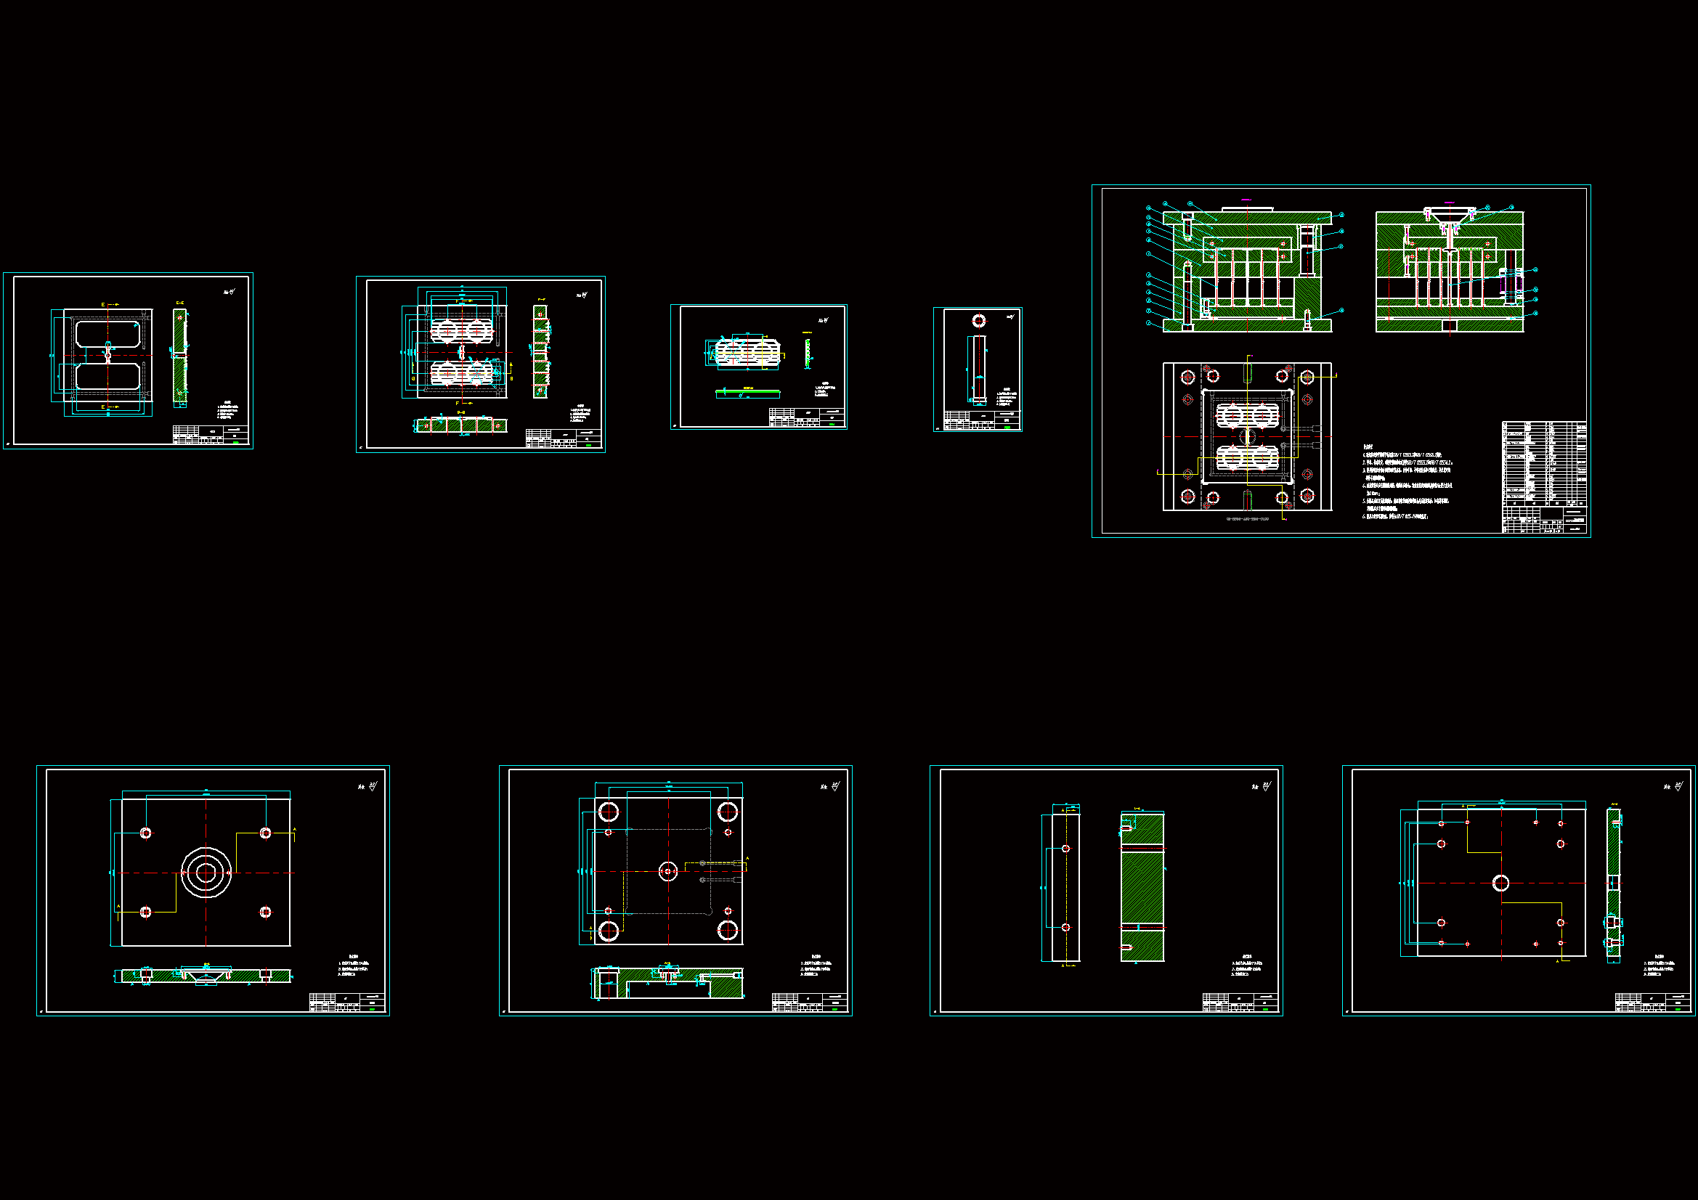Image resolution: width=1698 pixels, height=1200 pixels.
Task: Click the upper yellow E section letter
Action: [103, 305]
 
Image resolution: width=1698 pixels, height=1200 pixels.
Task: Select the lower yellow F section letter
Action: [457, 404]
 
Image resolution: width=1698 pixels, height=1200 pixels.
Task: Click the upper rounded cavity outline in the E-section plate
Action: [108, 333]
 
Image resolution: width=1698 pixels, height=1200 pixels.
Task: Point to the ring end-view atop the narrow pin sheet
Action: [978, 321]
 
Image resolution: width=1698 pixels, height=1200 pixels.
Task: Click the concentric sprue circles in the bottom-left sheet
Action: [206, 873]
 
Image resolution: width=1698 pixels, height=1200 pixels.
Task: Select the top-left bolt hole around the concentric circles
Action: [146, 833]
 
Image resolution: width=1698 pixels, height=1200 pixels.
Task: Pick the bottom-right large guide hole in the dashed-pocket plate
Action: [728, 930]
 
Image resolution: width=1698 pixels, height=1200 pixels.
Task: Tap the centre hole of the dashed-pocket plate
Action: [668, 872]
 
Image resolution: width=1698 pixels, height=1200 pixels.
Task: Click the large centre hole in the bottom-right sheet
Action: [1500, 883]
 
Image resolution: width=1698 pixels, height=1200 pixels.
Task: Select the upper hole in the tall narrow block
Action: [1065, 849]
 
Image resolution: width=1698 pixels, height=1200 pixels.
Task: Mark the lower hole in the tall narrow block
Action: [1065, 927]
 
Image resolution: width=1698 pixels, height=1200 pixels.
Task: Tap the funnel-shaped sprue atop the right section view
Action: [1449, 216]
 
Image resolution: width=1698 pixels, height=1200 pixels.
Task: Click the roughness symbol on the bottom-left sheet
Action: [372, 787]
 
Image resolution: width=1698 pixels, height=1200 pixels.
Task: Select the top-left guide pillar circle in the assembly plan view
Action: [1188, 377]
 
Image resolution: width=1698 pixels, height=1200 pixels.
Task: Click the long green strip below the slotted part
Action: [747, 393]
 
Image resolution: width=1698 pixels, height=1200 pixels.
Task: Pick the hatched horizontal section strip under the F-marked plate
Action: [460, 425]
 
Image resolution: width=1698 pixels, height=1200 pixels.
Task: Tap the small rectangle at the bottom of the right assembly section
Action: [1450, 325]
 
